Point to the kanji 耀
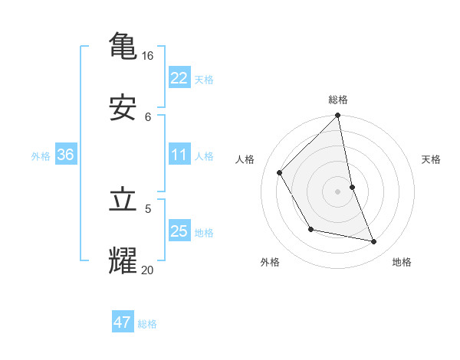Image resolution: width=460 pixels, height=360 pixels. point(123,260)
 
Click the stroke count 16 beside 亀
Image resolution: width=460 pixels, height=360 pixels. point(148,56)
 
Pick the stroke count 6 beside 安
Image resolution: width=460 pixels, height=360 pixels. point(148,116)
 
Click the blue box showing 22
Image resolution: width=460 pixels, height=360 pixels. point(179,77)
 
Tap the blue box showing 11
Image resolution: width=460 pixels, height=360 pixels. point(179,155)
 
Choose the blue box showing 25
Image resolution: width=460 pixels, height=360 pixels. point(179,231)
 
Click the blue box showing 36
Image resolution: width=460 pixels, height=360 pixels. point(66,155)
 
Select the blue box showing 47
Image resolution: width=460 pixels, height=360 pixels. point(123,322)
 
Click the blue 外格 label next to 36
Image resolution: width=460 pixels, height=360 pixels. point(41,156)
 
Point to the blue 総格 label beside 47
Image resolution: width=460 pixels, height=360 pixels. point(147,324)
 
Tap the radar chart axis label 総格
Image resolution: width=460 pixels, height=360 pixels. point(338,100)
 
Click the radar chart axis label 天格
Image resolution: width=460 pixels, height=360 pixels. point(431,159)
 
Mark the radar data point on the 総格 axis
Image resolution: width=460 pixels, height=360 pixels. point(338,116)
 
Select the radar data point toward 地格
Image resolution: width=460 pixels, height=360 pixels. point(374,241)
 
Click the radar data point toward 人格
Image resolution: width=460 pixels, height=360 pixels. point(279,172)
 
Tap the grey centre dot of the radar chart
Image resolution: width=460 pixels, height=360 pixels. point(338,191)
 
